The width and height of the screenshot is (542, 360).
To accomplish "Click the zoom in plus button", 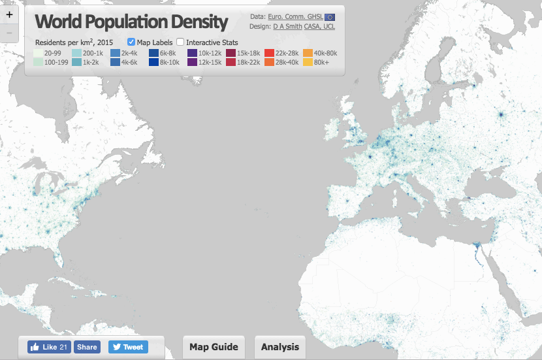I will [9, 14].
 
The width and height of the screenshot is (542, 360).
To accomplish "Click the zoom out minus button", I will [9, 32].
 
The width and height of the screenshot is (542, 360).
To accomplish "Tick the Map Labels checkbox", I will [131, 42].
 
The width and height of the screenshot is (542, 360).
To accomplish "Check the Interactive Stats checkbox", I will [180, 42].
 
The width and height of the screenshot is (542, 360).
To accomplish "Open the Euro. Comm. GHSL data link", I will [295, 16].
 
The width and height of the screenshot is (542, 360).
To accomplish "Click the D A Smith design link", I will [287, 27].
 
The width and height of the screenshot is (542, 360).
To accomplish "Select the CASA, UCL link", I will [319, 27].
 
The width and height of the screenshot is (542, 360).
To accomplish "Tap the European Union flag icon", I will [330, 16].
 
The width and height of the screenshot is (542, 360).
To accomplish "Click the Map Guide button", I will [214, 347].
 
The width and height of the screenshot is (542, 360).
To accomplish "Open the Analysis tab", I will [280, 347].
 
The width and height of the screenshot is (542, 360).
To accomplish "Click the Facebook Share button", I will [87, 347].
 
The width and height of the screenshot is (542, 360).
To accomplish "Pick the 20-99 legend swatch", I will [38, 53].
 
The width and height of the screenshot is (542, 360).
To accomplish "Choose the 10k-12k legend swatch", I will [193, 53].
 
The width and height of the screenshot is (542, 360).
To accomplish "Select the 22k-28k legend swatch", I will [268, 53].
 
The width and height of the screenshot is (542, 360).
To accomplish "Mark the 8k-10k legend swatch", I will [154, 63].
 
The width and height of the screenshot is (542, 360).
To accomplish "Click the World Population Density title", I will [131, 22].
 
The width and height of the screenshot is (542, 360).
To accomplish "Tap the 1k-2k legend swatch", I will [76, 63].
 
